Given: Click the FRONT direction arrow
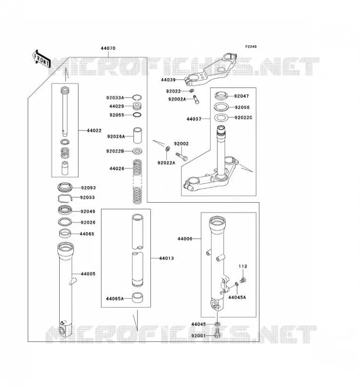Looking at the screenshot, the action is click(x=42, y=59).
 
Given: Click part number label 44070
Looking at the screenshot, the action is click(x=108, y=48).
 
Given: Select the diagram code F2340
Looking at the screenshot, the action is click(x=251, y=47).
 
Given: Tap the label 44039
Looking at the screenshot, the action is click(x=168, y=80).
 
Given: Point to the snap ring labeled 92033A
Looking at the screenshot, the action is click(x=137, y=97).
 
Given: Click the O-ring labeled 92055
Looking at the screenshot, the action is click(x=137, y=115).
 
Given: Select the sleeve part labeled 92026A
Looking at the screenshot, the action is click(x=138, y=135).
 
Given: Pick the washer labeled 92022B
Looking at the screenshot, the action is click(x=137, y=151).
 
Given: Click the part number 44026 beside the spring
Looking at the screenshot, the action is click(x=117, y=168).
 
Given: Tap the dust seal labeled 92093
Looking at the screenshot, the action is click(x=65, y=187).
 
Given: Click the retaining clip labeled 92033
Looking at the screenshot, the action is click(x=65, y=198).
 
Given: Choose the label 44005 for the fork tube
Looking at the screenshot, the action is click(x=88, y=274).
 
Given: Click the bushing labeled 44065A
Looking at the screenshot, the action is click(x=138, y=298).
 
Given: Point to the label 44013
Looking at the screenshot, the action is click(x=166, y=259).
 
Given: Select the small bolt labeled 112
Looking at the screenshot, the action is click(x=244, y=280).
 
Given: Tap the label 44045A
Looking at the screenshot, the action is click(x=237, y=297).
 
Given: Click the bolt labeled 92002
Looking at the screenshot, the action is click(x=181, y=156).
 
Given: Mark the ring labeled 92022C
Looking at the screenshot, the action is click(x=220, y=118).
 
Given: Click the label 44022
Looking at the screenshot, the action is click(x=94, y=130).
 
